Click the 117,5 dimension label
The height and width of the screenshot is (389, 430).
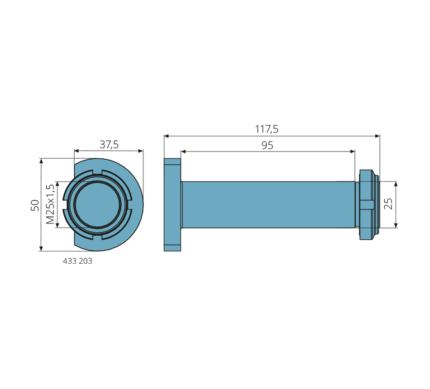coord(267,129)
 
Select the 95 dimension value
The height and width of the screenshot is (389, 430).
coord(267,145)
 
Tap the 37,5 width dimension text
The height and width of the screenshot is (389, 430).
coord(109,144)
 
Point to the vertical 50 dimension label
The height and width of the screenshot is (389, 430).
coord(35,205)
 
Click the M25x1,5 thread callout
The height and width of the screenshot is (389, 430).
coord(50,204)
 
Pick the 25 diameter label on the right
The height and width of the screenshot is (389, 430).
coord(388,204)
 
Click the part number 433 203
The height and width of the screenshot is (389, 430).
coord(77,261)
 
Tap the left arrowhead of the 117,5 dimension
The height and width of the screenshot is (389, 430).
coord(167,136)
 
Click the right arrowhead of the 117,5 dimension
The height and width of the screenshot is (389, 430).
coord(377,136)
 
